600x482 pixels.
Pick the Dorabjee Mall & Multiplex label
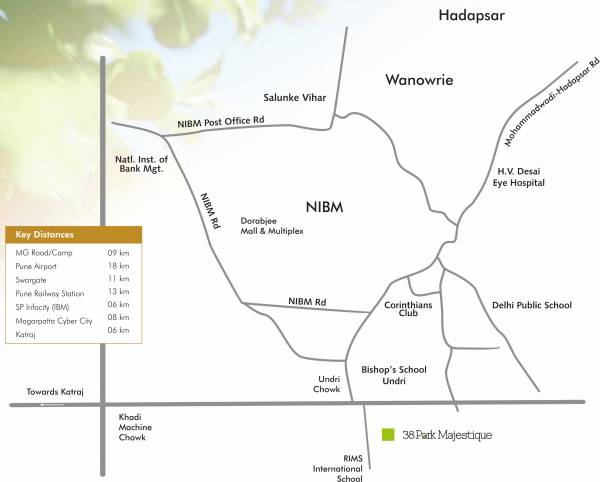click(x=271, y=225)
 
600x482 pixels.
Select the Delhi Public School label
click(x=532, y=304)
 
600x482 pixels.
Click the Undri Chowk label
click(x=327, y=385)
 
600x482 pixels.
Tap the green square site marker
click(x=389, y=435)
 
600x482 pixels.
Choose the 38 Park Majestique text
click(x=447, y=435)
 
